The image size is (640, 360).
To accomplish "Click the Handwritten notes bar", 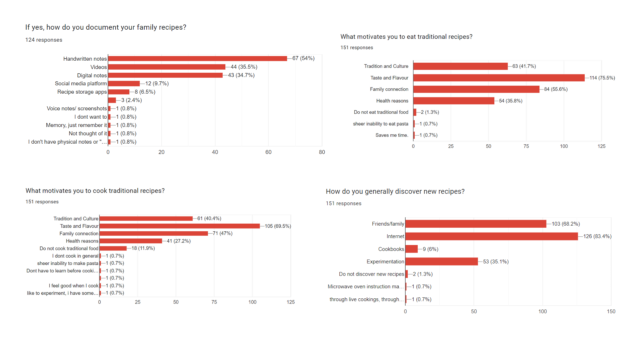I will [x=197, y=59].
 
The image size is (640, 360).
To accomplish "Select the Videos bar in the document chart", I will [x=167, y=67].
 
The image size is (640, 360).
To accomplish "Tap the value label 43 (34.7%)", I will [x=241, y=75].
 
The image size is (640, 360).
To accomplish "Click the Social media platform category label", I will [x=81, y=84].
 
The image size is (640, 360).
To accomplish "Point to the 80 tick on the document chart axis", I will [x=322, y=152].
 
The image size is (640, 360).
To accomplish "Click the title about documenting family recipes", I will [x=106, y=27].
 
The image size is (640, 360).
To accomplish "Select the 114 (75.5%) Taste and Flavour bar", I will [x=499, y=78].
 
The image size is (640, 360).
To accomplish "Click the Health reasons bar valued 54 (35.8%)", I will [x=453, y=101].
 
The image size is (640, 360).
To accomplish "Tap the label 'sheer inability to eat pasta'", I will [x=380, y=124].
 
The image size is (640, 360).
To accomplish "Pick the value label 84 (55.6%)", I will [x=556, y=89].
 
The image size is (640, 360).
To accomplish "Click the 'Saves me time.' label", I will [x=392, y=135].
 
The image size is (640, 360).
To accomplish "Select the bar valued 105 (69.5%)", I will [x=179, y=226].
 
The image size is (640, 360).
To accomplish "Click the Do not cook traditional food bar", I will [x=113, y=248].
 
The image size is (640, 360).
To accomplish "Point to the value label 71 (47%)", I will [x=222, y=233].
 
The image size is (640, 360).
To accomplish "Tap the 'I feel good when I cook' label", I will [x=73, y=286].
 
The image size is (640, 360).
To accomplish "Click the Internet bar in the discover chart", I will [x=491, y=236].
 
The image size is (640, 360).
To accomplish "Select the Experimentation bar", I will [x=441, y=262].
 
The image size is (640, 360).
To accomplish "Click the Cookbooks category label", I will [x=391, y=249].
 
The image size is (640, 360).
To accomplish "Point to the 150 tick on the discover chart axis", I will [x=611, y=311].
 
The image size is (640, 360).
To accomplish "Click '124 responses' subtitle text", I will [x=44, y=40].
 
